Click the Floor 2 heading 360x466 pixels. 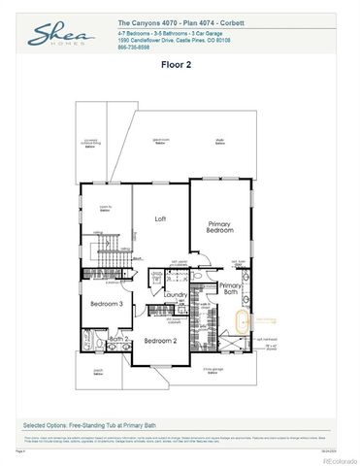point(180,67)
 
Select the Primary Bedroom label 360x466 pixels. point(219,226)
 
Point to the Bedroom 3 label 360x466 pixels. point(106,304)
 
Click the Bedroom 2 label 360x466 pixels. point(159,342)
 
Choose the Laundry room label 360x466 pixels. point(175,295)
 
